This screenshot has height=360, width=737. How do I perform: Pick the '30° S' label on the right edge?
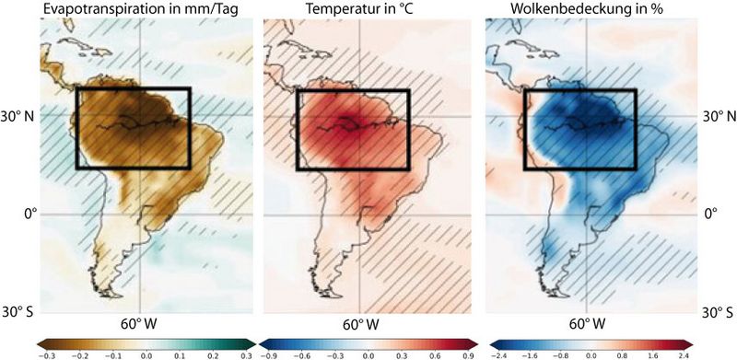pos(719,311)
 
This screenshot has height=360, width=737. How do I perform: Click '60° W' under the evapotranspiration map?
pos(140,324)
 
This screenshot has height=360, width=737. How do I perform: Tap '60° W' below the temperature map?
pos(363,324)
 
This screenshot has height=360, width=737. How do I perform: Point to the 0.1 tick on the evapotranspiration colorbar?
pos(180,354)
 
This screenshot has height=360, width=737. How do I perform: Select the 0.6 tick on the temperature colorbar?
pos(435,354)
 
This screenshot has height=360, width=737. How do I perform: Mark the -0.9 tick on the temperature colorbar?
pos(270,354)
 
